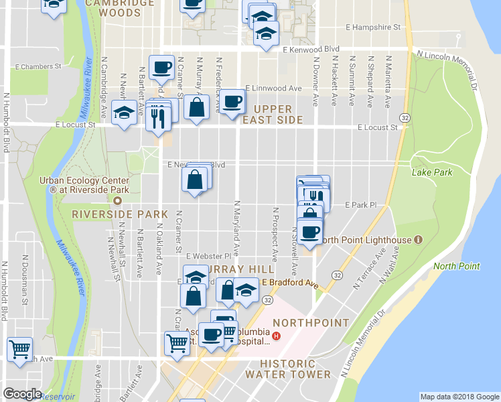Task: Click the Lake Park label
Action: click(x=432, y=172)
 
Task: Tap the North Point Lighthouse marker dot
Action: click(x=418, y=239)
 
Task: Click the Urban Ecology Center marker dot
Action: click(x=118, y=200)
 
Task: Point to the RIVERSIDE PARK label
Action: click(x=119, y=214)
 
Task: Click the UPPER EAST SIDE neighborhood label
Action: click(x=273, y=114)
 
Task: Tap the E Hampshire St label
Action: click(x=372, y=27)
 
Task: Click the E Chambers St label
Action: click(x=38, y=66)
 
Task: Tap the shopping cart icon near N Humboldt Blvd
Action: click(x=20, y=348)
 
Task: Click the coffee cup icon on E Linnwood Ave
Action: click(x=232, y=102)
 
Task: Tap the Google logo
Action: click(x=22, y=394)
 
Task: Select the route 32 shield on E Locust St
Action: click(x=405, y=117)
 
